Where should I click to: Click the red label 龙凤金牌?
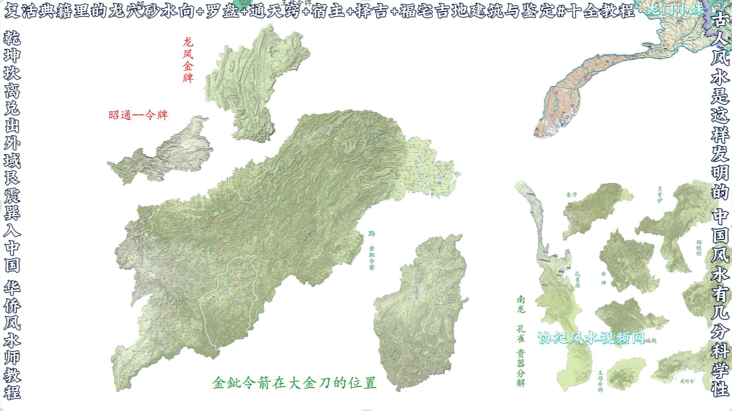point(188,60)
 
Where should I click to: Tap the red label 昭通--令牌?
point(138,115)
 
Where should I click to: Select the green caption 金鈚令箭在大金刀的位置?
point(294,383)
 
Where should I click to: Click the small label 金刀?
point(571,195)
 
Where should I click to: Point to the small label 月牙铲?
point(659,194)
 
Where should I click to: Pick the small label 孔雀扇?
point(577,280)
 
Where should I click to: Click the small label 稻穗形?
point(699,248)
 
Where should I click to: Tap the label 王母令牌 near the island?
point(600,381)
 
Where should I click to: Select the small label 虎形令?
point(687,381)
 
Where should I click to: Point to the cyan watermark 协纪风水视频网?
point(591,338)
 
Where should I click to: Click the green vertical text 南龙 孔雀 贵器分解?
point(521,341)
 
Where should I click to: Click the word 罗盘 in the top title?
point(222,11)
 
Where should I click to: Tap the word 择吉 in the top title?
point(372,11)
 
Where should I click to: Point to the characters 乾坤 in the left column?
point(12,46)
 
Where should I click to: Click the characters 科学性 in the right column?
point(720,369)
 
